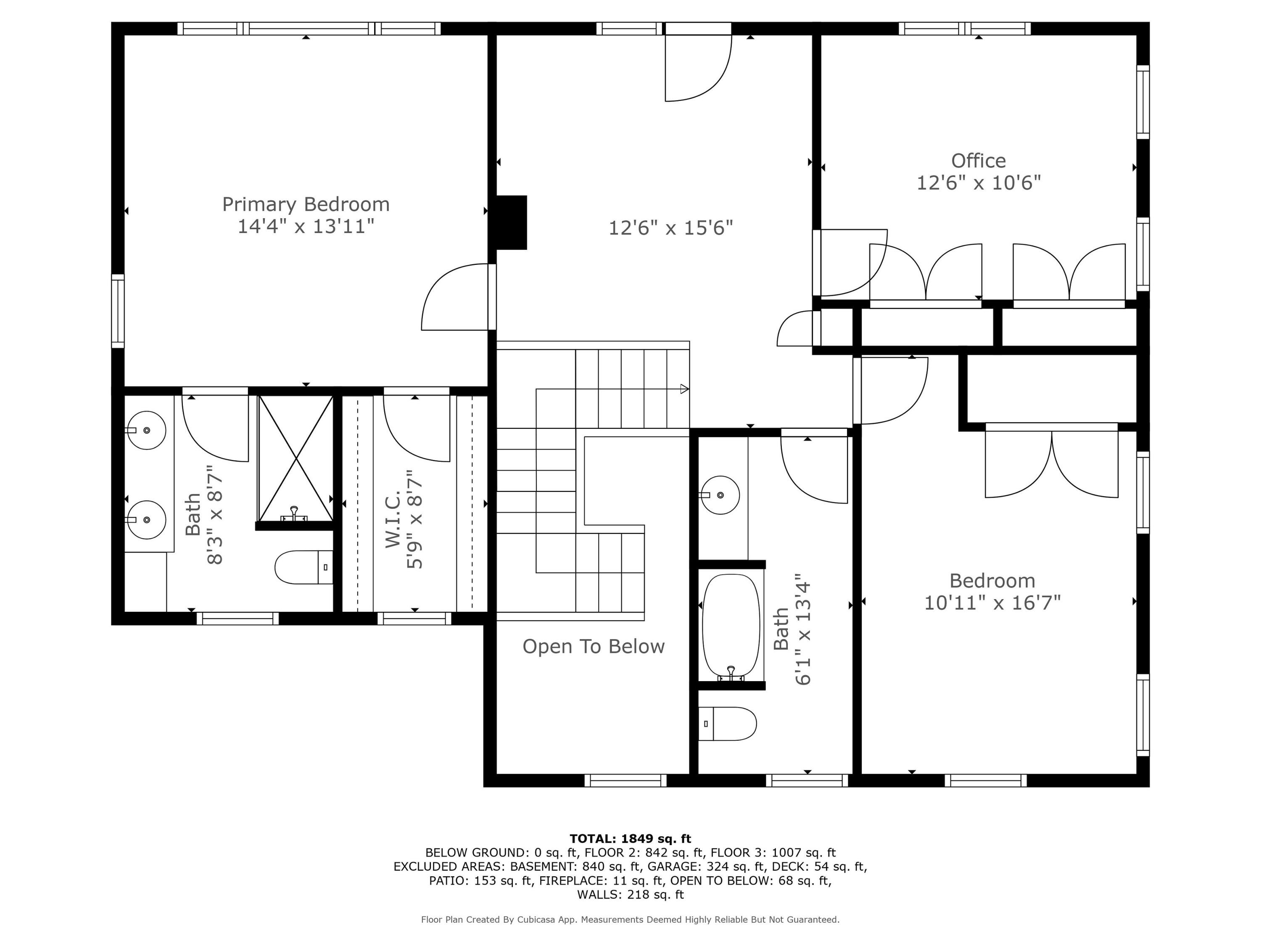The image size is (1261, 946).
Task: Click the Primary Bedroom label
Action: point(306,204)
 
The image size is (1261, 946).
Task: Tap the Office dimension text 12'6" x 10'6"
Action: point(978,183)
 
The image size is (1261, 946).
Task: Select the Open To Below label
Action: point(594,647)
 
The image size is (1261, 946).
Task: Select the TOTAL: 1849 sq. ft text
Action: point(630,839)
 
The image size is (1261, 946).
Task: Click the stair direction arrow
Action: point(684,389)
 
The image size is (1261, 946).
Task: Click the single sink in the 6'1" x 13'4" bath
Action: point(720,495)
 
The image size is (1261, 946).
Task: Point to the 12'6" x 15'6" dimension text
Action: point(670,228)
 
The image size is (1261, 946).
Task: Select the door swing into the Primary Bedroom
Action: point(454,297)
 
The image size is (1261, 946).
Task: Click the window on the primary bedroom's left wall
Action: point(117,311)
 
